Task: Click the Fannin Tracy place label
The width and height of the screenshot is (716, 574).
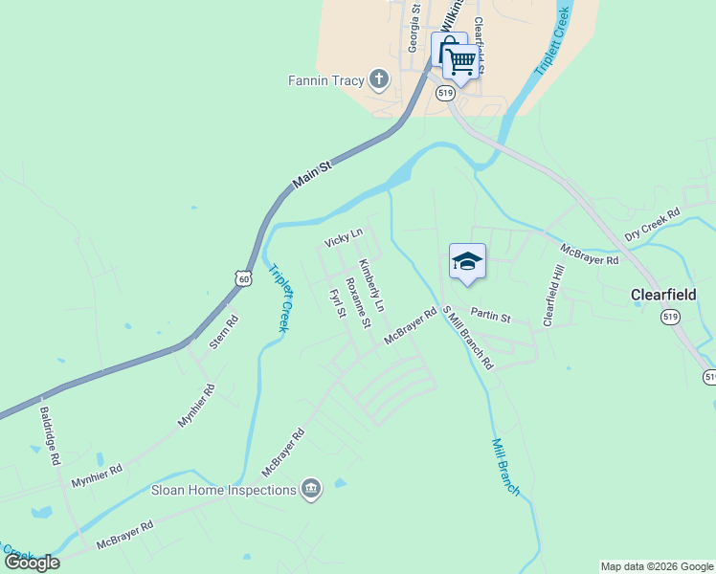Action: point(325,80)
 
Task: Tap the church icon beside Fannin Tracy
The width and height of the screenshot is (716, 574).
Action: point(379,79)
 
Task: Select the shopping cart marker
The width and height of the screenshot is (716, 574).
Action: point(461,62)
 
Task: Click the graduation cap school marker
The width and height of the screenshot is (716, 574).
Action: point(467,261)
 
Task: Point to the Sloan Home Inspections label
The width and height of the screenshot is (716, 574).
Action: point(224,491)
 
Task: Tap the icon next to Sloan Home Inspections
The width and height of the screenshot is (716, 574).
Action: point(311,490)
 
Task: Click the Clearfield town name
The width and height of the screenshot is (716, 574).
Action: point(669,295)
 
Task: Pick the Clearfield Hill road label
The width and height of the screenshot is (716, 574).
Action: point(554,297)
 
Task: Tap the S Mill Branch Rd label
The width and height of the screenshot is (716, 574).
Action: point(466,337)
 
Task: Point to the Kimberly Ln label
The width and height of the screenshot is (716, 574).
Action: point(370,285)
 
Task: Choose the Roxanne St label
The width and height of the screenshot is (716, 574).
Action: point(357,302)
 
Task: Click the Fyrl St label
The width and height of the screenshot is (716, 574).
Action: point(336,305)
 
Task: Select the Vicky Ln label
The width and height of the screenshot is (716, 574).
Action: point(344,237)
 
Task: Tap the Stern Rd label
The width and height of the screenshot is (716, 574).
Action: point(223,330)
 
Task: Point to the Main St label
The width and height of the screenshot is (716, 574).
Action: point(312,174)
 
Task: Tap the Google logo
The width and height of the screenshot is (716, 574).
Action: point(32,563)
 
